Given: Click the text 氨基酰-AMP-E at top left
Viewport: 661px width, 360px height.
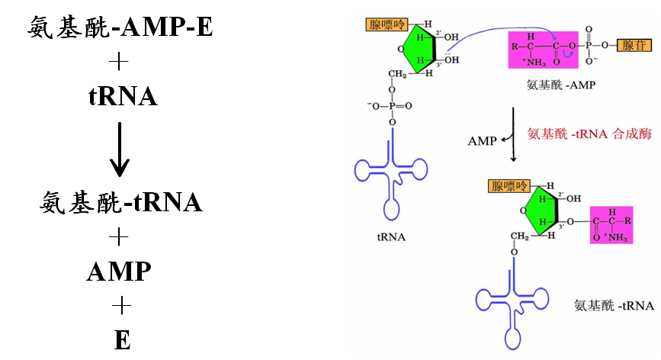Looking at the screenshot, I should [120, 28].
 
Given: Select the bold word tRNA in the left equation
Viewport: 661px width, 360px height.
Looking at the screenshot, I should [123, 96].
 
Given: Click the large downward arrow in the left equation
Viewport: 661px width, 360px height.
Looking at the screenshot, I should [120, 147].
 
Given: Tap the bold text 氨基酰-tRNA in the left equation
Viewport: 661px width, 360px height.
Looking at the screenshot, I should [120, 202].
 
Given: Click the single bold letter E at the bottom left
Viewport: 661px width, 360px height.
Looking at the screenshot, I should [122, 339].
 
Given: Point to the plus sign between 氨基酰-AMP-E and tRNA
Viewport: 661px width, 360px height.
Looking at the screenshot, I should [120, 63].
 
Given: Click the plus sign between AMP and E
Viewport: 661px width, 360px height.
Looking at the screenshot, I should [120, 306].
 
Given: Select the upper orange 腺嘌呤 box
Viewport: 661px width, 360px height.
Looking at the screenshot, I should [387, 25].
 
